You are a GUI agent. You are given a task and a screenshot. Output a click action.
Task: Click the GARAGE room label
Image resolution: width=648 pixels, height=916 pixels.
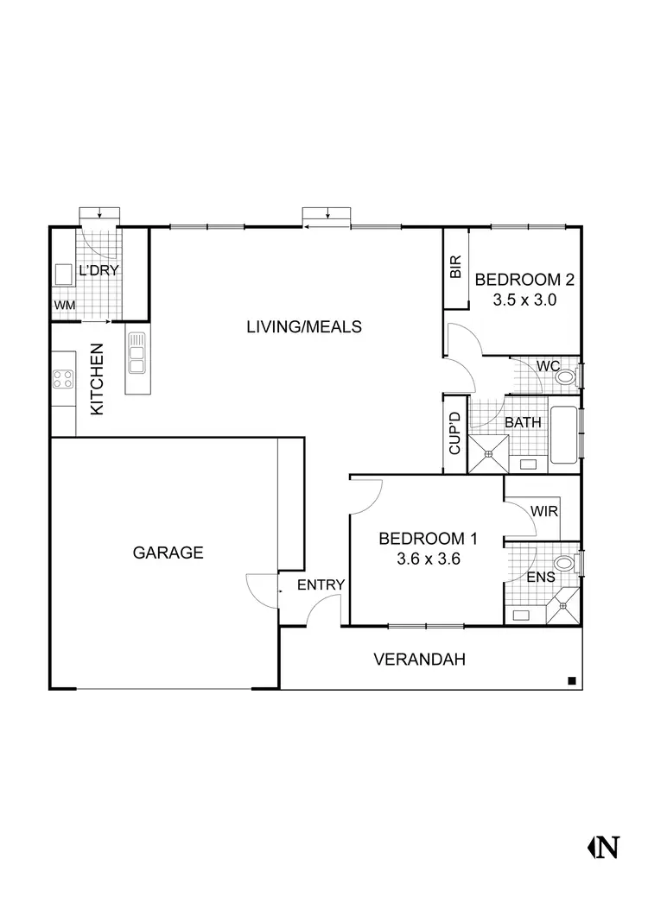pyautogui.click(x=168, y=553)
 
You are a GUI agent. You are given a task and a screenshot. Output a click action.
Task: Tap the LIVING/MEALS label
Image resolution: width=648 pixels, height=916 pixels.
pyautogui.click(x=303, y=327)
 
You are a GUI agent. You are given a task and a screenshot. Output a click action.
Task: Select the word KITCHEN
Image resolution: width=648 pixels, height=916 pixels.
pyautogui.click(x=97, y=380)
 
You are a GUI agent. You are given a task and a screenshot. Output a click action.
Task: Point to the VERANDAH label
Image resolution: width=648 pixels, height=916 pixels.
pyautogui.click(x=419, y=660)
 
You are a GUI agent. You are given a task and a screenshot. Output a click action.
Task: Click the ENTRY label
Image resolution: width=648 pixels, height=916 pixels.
pyautogui.click(x=321, y=585)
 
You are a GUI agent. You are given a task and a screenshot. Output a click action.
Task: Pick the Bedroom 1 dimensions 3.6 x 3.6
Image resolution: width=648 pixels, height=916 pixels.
pyautogui.click(x=427, y=559)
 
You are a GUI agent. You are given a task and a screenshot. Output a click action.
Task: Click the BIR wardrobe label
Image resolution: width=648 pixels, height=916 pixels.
pyautogui.click(x=456, y=268)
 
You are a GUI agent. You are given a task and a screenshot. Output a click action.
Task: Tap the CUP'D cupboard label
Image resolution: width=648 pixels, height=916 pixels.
pyautogui.click(x=454, y=434)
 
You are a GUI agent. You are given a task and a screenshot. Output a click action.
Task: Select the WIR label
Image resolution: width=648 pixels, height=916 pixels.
pyautogui.click(x=545, y=511)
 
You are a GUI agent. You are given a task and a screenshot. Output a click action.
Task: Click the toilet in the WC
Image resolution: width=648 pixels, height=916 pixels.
pyautogui.click(x=565, y=377)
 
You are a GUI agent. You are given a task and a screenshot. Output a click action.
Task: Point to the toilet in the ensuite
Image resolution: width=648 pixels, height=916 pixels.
pyautogui.click(x=564, y=564)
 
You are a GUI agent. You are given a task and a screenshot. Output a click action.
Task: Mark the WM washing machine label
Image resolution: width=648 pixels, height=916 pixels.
pyautogui.click(x=64, y=306)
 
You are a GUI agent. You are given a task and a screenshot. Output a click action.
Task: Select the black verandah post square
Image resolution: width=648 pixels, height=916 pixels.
pyautogui.click(x=572, y=681)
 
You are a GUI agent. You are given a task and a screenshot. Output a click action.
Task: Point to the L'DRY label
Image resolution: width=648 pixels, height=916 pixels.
pyautogui.click(x=98, y=271)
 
